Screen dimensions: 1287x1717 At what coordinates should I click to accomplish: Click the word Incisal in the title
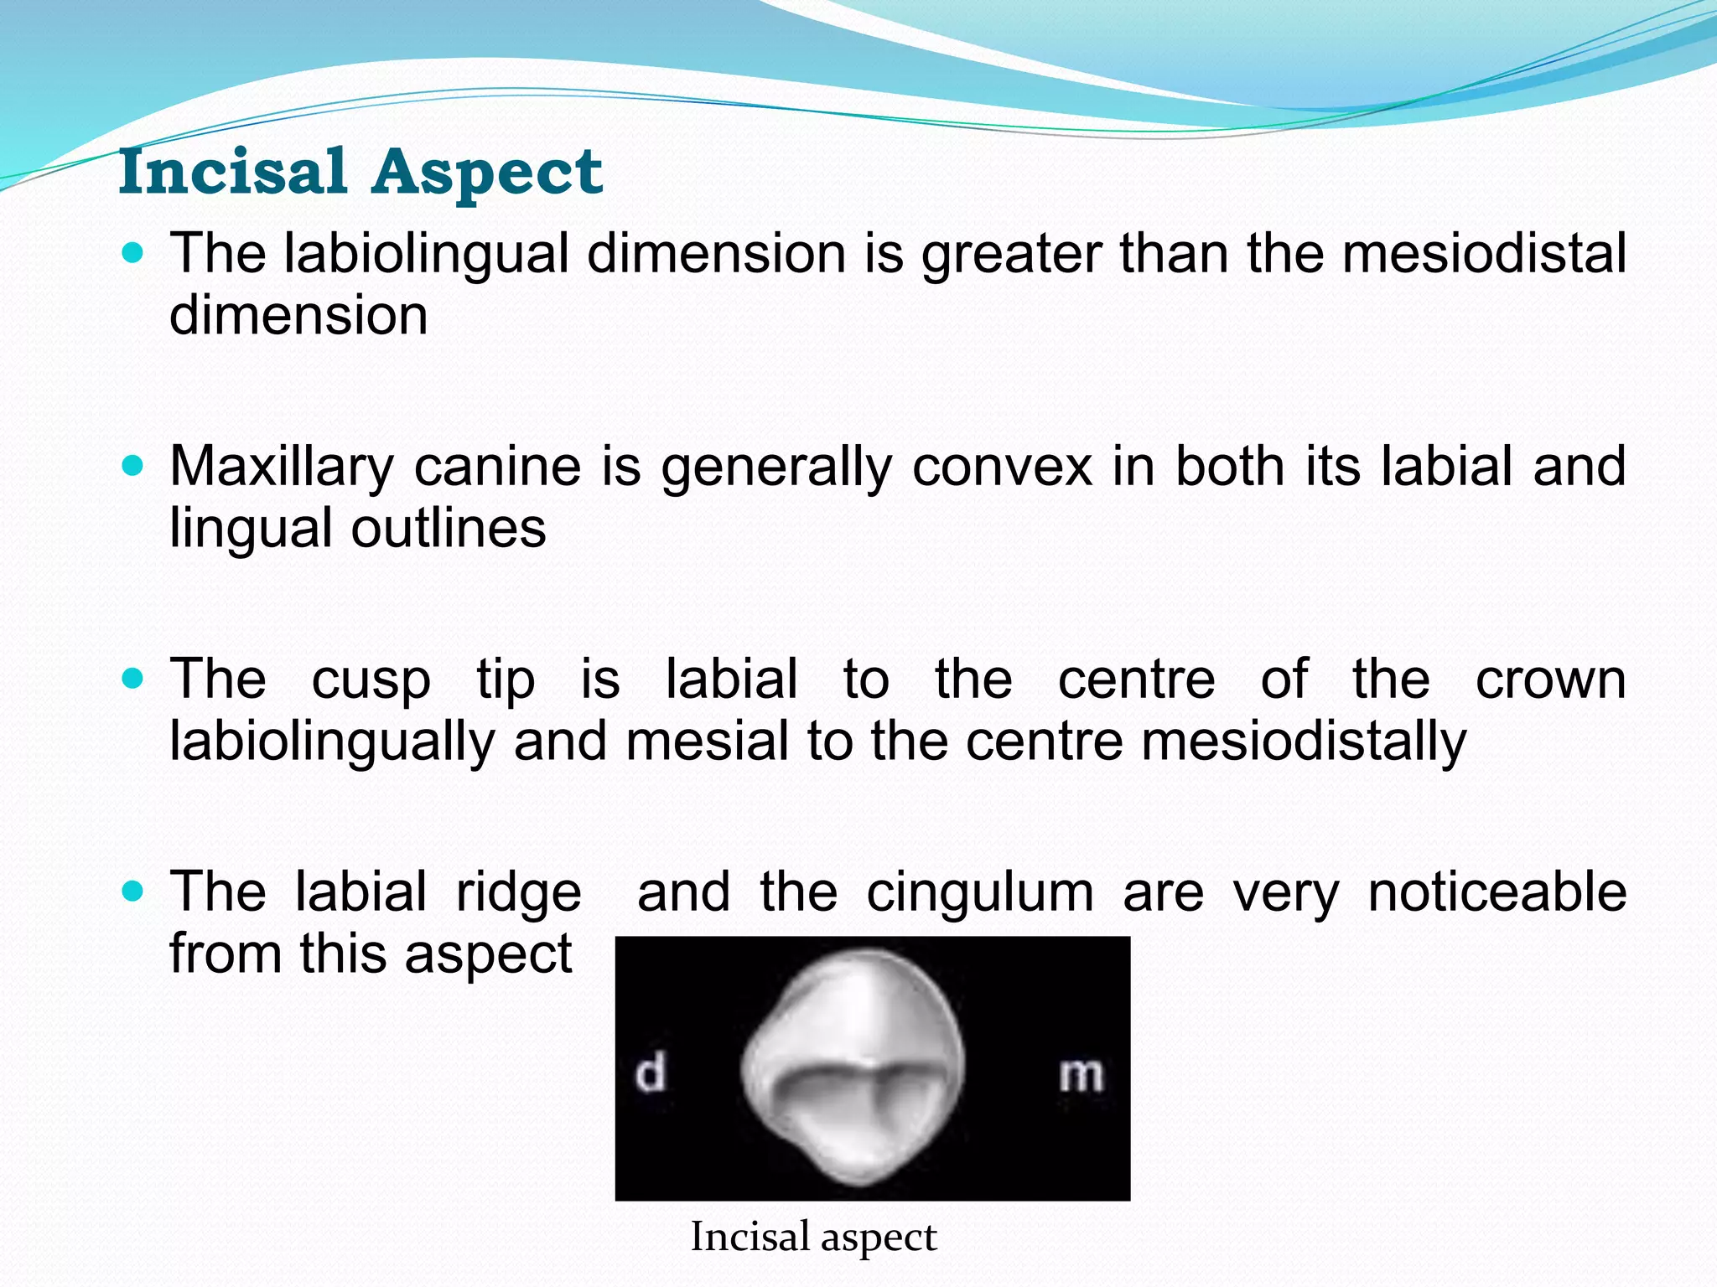click(232, 172)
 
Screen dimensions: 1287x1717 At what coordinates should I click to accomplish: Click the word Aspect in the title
click(487, 172)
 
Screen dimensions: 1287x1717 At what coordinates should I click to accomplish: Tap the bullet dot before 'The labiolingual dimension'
click(132, 252)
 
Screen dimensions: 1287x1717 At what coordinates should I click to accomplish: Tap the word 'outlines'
click(449, 529)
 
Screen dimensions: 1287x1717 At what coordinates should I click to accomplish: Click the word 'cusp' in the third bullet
click(371, 680)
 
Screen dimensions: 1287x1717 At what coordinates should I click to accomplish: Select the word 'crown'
click(1551, 680)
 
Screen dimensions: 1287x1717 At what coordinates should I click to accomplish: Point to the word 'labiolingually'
click(333, 742)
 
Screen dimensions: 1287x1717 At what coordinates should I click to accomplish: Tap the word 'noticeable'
click(1497, 892)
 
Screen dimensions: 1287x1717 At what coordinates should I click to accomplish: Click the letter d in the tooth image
click(651, 1073)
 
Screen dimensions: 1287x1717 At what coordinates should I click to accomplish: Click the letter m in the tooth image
click(1081, 1074)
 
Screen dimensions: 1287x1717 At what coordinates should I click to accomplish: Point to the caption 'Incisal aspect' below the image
click(813, 1238)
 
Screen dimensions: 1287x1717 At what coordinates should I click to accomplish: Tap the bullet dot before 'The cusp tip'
click(132, 678)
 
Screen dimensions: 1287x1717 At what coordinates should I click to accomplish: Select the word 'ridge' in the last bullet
click(518, 892)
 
